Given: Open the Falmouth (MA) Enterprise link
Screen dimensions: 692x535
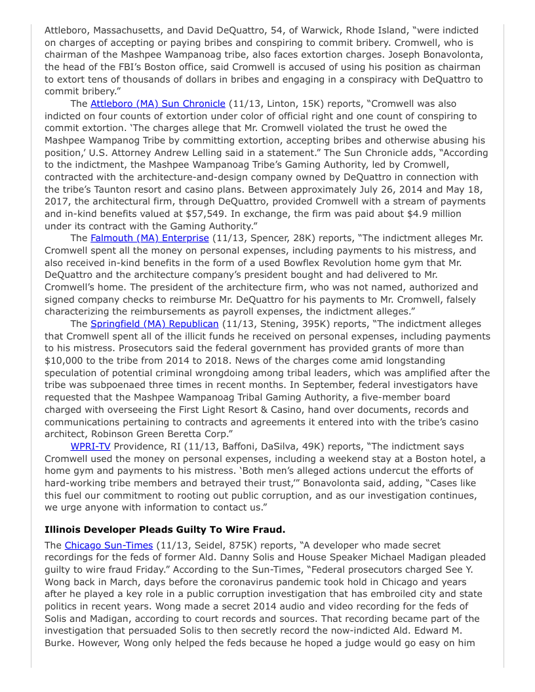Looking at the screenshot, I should click(149, 238).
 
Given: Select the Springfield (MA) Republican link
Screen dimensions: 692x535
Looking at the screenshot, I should click(154, 324).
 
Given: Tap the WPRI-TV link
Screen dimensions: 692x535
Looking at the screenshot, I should click(90, 446).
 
